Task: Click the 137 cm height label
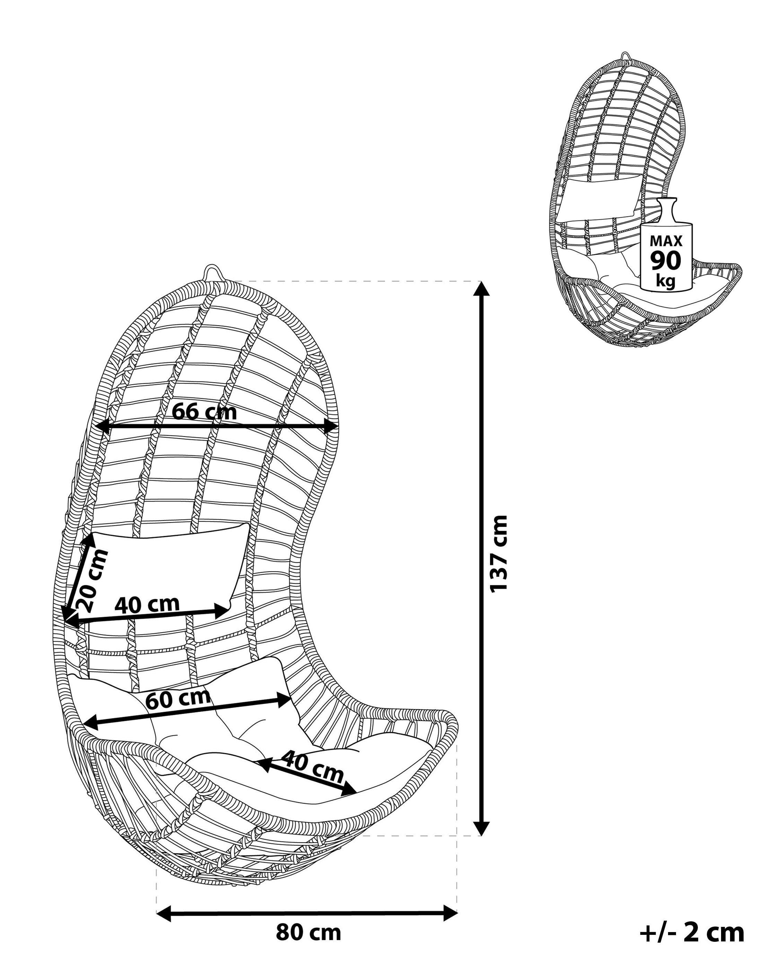[x=499, y=554]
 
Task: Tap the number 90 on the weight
[x=666, y=261]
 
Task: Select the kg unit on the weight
[x=666, y=281]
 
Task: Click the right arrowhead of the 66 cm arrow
[x=330, y=427]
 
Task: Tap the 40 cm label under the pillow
[x=147, y=604]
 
